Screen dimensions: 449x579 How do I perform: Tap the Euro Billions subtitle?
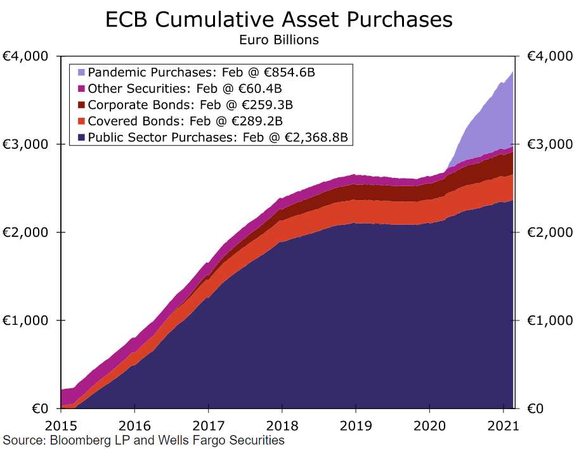(x=279, y=40)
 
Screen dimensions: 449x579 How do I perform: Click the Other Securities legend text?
(x=185, y=88)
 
